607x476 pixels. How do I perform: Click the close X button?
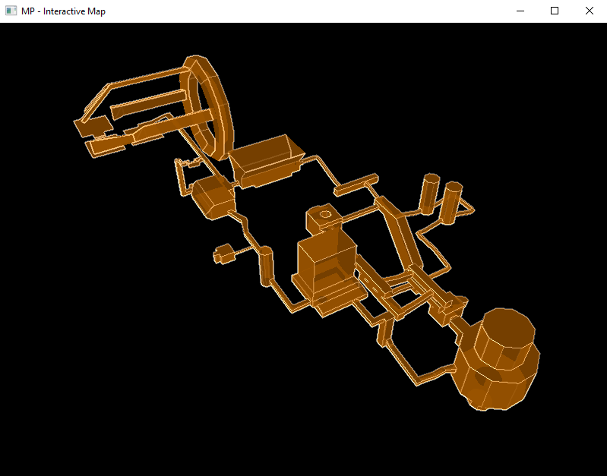[x=590, y=11]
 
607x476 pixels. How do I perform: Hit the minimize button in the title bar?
[x=520, y=11]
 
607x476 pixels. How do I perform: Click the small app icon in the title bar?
[x=11, y=11]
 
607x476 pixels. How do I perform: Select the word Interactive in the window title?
[x=64, y=11]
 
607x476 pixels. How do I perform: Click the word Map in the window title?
[x=96, y=11]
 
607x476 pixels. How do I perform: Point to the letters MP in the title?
[x=28, y=11]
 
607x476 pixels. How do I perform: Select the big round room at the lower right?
[x=497, y=360]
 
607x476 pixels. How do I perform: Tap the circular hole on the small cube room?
[x=325, y=214]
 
